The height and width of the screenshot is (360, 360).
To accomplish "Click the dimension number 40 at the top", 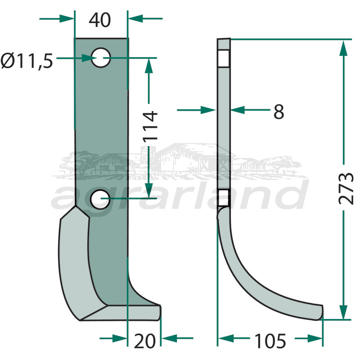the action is (99, 20).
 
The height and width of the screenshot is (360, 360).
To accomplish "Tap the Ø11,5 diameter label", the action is (27, 61).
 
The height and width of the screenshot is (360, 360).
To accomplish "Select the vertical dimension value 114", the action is (150, 126).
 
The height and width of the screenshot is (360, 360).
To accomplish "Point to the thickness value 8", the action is (279, 112).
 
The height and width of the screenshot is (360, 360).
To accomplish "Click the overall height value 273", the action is (346, 188).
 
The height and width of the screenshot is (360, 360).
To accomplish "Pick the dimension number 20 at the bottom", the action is (144, 341).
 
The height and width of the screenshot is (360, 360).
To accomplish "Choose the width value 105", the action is (270, 341).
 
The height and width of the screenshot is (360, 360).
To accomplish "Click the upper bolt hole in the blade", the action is (101, 58).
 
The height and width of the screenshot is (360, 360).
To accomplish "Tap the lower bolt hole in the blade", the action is (100, 199).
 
